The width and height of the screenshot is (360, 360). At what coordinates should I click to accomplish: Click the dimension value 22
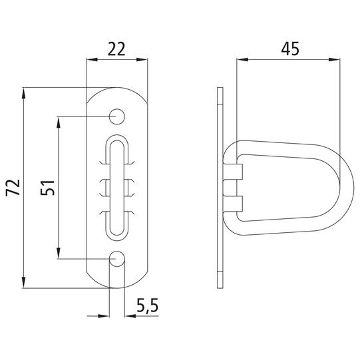(117, 48)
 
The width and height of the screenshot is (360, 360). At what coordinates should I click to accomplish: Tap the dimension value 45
(289, 48)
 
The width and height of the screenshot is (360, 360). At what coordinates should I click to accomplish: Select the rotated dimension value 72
(11, 187)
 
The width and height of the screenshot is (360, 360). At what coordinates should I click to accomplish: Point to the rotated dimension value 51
(47, 187)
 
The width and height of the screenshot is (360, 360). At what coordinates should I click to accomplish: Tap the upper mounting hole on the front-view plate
(117, 116)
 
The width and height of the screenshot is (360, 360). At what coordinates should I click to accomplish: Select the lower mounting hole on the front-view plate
(117, 258)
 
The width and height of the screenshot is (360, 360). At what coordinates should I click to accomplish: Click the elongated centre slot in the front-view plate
(117, 187)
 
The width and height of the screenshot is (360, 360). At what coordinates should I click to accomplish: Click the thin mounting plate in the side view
(222, 187)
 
